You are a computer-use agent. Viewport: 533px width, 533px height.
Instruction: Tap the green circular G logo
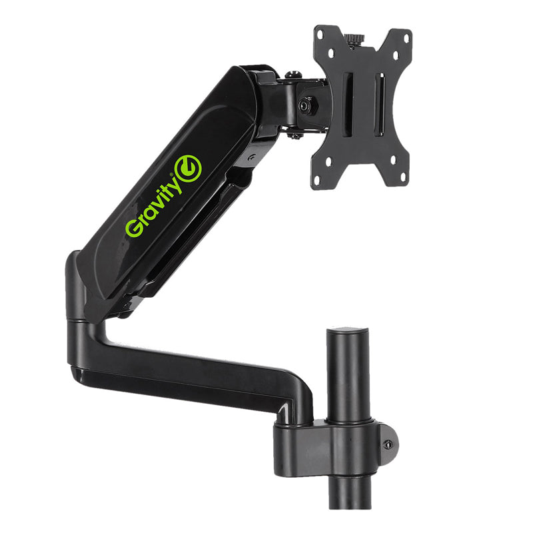[x=187, y=168]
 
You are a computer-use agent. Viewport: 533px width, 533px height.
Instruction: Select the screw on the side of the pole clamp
[x=388, y=445]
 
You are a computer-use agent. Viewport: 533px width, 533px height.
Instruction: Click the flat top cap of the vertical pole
[x=348, y=330]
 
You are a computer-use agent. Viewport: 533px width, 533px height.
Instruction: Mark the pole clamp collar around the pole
[x=333, y=443]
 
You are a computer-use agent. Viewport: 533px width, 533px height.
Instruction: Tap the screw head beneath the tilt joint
[x=294, y=136]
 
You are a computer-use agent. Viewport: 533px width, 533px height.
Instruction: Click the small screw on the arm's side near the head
[x=251, y=158]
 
